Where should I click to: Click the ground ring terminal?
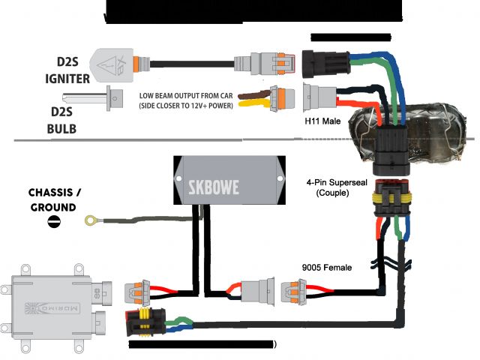coord(91,220)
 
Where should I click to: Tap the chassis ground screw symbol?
coord(54,220)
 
